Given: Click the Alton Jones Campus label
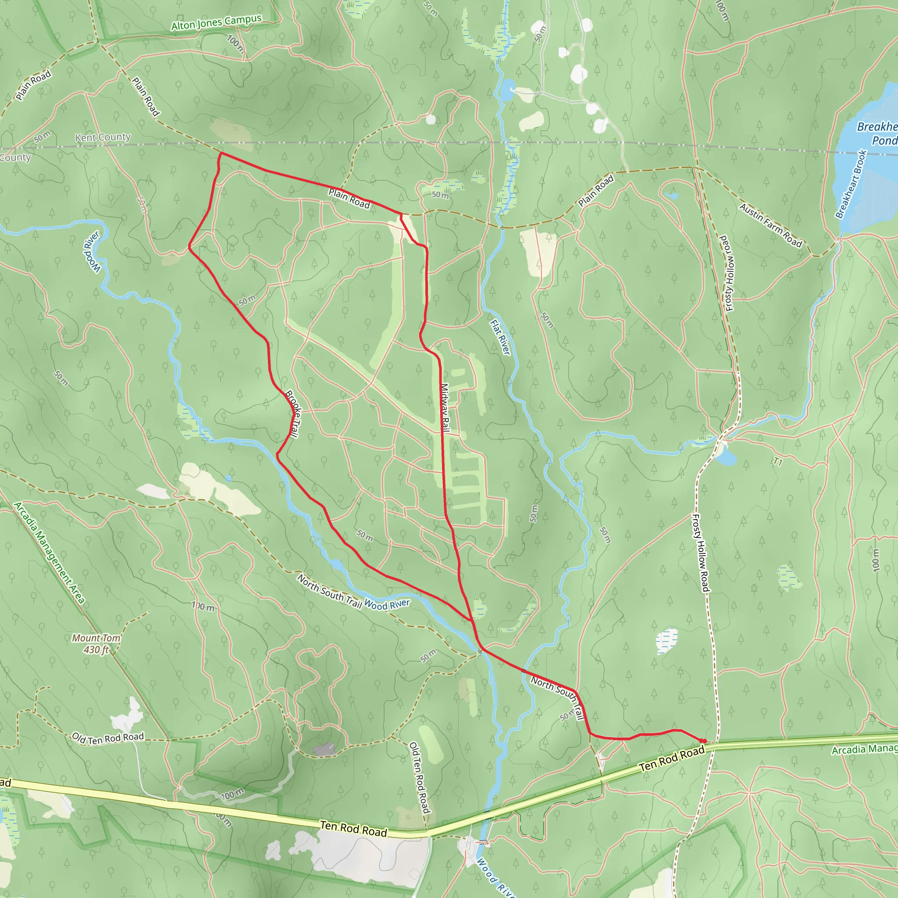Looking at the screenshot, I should [x=216, y=22].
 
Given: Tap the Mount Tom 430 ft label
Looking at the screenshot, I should [x=96, y=644].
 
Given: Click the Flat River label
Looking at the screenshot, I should [x=500, y=337].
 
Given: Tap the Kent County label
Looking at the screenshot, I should [x=103, y=137].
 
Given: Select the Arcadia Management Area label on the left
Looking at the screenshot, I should [x=49, y=552].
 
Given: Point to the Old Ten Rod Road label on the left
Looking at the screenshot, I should [x=108, y=738].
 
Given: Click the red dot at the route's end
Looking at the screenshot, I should [x=704, y=741].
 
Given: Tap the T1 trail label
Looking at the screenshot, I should [x=777, y=462].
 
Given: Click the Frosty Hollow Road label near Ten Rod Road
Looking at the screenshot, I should [x=701, y=552].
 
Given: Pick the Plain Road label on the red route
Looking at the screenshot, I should [x=349, y=199].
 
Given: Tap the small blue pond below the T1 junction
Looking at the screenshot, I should [x=726, y=458].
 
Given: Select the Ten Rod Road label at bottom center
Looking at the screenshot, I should [x=353, y=829].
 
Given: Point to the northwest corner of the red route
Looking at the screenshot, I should [x=221, y=153].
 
